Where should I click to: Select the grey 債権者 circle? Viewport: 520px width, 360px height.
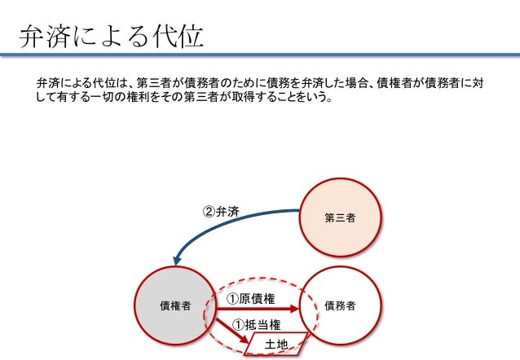point(174,305)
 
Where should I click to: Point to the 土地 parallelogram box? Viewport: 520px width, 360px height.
point(276,345)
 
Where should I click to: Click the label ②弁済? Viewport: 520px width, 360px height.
point(220,213)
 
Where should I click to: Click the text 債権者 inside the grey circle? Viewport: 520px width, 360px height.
point(174,306)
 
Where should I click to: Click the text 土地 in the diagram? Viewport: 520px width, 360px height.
point(276,345)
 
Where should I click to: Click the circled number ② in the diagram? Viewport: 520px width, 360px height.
point(208,213)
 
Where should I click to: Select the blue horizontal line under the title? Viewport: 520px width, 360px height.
point(260,55)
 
